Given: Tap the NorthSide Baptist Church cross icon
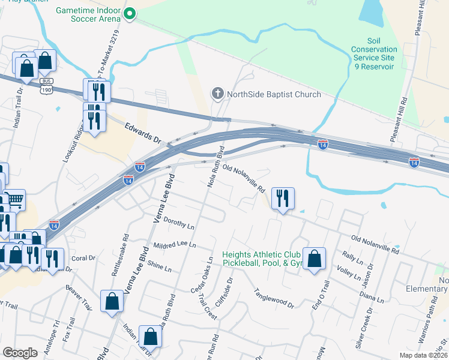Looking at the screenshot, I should [217, 94].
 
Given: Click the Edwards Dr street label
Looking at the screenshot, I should [144, 132].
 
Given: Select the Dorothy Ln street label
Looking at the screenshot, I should [178, 224].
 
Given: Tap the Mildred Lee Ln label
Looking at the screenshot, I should [175, 245].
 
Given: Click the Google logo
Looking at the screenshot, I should [20, 353].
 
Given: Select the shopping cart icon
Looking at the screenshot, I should [16, 199].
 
